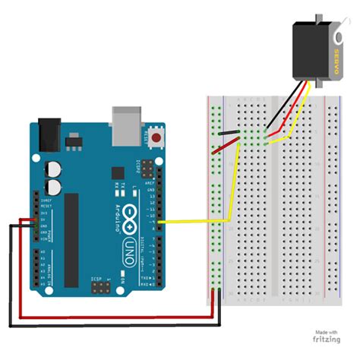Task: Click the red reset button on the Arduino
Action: click(157, 138)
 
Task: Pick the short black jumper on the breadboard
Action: click(227, 134)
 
